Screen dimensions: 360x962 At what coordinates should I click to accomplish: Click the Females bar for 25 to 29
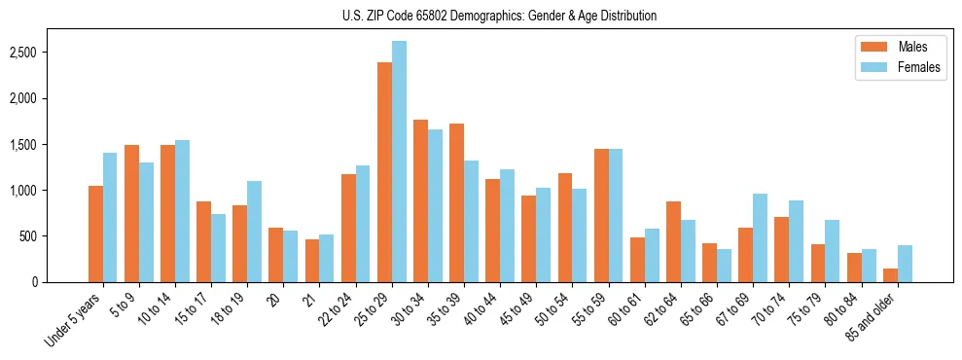[400, 162]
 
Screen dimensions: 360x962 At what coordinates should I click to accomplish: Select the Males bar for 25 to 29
[385, 172]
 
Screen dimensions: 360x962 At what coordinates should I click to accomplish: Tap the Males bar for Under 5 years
[95, 234]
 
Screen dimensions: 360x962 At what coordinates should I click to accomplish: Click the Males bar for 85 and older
[891, 275]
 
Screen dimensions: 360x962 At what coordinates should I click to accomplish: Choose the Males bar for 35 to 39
[457, 202]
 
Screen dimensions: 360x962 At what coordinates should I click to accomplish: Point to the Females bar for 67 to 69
[761, 237]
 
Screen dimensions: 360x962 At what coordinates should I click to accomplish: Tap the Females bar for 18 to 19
[255, 232]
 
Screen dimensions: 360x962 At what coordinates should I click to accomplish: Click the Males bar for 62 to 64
[674, 241]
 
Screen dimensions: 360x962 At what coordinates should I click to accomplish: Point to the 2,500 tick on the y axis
[49, 52]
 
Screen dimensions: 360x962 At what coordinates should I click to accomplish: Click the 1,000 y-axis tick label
[49, 190]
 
